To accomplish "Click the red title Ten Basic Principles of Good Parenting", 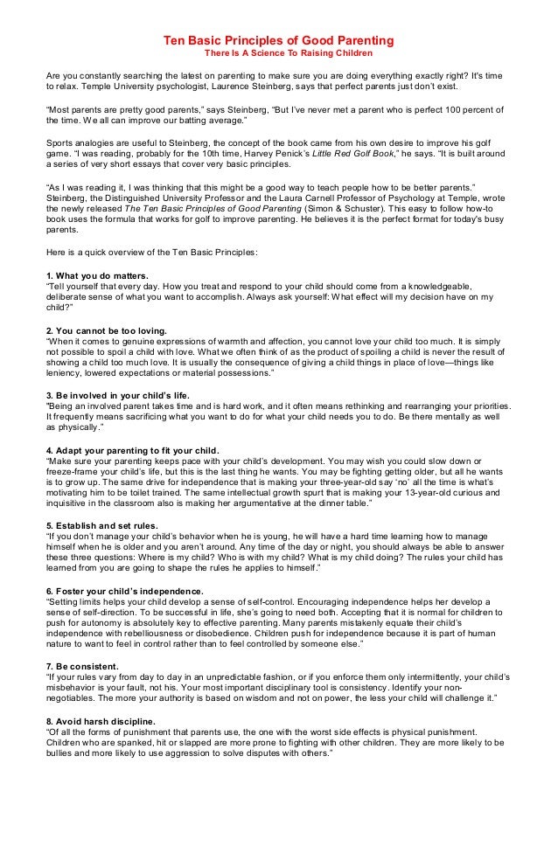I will pyautogui.click(x=279, y=41).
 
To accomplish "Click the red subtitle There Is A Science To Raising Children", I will pyautogui.click(x=279, y=55).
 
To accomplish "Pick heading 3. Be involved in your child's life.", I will pyautogui.click(x=118, y=395).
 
